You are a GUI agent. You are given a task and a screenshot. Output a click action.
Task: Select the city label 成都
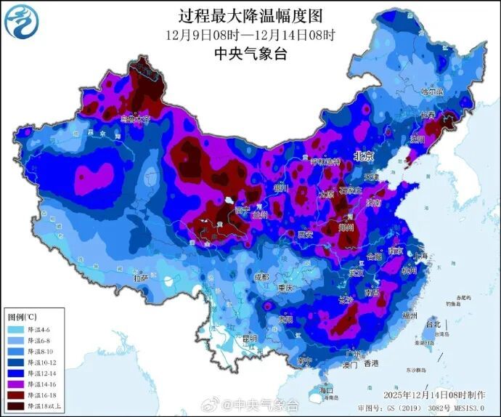coord(261,278)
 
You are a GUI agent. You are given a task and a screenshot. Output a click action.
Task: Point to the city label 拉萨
coord(140,278)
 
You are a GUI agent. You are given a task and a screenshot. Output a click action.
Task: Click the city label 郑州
coord(348,227)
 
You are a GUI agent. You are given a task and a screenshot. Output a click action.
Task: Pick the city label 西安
coord(305,235)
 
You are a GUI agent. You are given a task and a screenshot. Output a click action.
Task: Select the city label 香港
coord(372,363)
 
